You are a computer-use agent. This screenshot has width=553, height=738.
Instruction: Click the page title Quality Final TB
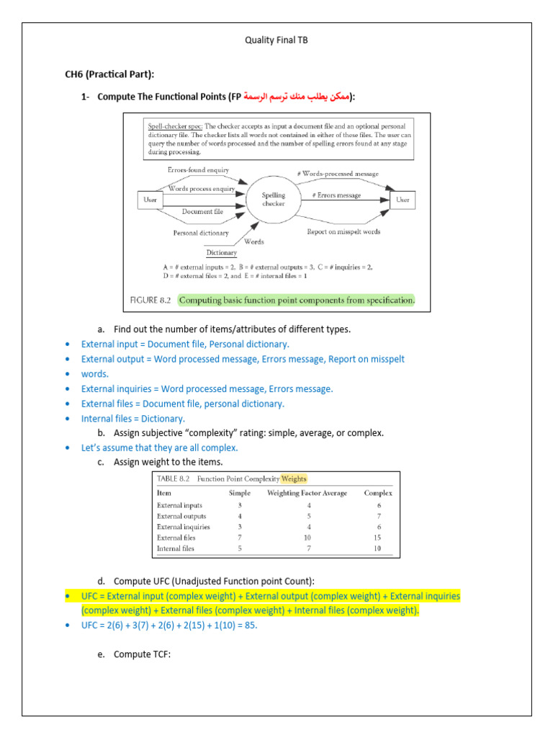[x=276, y=40]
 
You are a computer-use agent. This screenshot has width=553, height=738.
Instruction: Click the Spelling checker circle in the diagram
[x=274, y=199]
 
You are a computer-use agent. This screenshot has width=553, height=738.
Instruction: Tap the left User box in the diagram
[x=150, y=200]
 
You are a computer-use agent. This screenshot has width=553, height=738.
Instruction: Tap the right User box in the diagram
[x=403, y=200]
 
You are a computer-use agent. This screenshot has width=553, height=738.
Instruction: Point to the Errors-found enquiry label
[x=198, y=170]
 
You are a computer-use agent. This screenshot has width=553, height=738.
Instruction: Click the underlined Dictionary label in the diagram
[x=221, y=253]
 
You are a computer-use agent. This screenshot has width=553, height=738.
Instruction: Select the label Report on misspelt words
[x=343, y=231]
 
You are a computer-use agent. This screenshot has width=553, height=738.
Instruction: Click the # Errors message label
[x=336, y=195]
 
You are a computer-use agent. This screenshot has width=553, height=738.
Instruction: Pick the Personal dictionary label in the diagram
[x=201, y=233]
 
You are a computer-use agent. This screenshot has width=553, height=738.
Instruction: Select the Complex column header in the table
[x=377, y=493]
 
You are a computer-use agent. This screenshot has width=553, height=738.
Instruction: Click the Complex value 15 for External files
[x=378, y=538]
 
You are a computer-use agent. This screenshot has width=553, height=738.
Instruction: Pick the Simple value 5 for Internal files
[x=239, y=548]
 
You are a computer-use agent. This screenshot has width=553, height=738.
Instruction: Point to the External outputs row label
[x=181, y=516]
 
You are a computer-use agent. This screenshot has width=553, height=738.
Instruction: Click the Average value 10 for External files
[x=307, y=538]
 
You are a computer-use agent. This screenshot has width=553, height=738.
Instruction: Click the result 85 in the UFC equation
[x=248, y=626]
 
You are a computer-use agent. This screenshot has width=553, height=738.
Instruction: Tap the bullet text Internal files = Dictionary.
[x=133, y=419]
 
